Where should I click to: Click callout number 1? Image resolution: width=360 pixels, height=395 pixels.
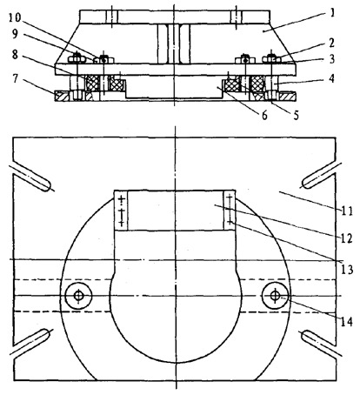coord(332,13)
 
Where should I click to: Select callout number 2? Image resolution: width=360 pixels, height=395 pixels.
coord(331,43)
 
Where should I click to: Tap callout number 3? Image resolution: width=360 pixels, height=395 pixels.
coord(332,59)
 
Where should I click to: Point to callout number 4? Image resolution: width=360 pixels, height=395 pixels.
coord(332,78)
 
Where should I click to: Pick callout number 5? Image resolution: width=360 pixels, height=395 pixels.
coord(296,115)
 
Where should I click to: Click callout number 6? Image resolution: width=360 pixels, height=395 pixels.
coord(264,115)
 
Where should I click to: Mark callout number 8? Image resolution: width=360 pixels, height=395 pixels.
coord(16,54)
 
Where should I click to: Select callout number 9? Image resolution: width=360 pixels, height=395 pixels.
coord(15,34)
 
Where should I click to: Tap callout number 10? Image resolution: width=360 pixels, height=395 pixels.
coord(14,17)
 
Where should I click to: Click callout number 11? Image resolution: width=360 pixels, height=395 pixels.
coord(347,211)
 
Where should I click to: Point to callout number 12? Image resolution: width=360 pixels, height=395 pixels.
coord(346,238)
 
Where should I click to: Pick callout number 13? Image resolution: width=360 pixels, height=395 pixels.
coord(347,270)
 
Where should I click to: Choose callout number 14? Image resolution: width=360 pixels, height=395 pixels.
coord(347,322)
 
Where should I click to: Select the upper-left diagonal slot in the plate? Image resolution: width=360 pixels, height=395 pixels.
coord(30,177)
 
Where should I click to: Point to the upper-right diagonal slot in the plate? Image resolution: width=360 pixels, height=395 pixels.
coord(321,175)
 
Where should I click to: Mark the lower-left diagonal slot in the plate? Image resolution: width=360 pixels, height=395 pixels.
coord(30,342)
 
